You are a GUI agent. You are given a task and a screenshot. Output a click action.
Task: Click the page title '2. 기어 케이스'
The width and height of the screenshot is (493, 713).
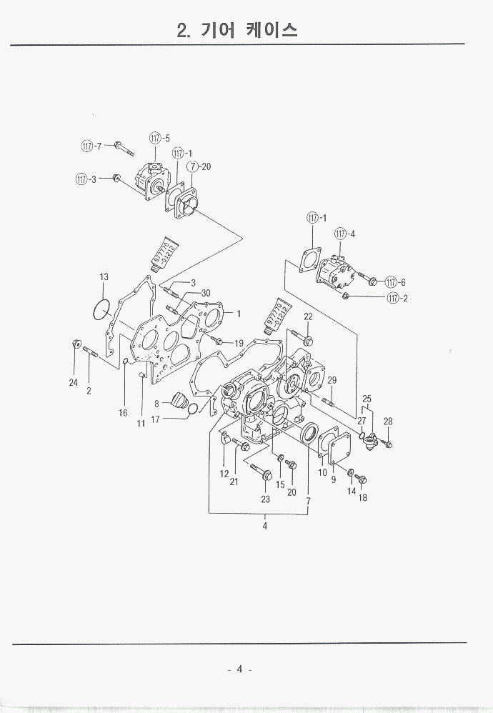236,29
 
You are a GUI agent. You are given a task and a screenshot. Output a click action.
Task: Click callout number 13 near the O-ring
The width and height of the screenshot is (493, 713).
104,276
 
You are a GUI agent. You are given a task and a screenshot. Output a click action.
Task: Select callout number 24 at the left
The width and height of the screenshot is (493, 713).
73,383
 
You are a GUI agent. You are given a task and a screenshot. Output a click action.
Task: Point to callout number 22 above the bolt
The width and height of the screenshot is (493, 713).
308,316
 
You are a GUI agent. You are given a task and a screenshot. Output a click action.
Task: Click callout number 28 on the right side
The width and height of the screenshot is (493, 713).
388,422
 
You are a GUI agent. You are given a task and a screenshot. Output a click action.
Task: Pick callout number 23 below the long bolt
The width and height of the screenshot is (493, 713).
265,499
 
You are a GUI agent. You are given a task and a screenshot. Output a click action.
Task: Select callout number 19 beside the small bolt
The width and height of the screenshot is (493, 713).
239,343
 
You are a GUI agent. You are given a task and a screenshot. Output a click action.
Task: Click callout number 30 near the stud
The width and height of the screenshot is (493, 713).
205,293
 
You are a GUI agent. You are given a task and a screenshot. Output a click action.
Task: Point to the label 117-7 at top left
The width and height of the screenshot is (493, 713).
91,146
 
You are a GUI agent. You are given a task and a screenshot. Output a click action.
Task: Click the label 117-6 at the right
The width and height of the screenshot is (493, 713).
395,281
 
